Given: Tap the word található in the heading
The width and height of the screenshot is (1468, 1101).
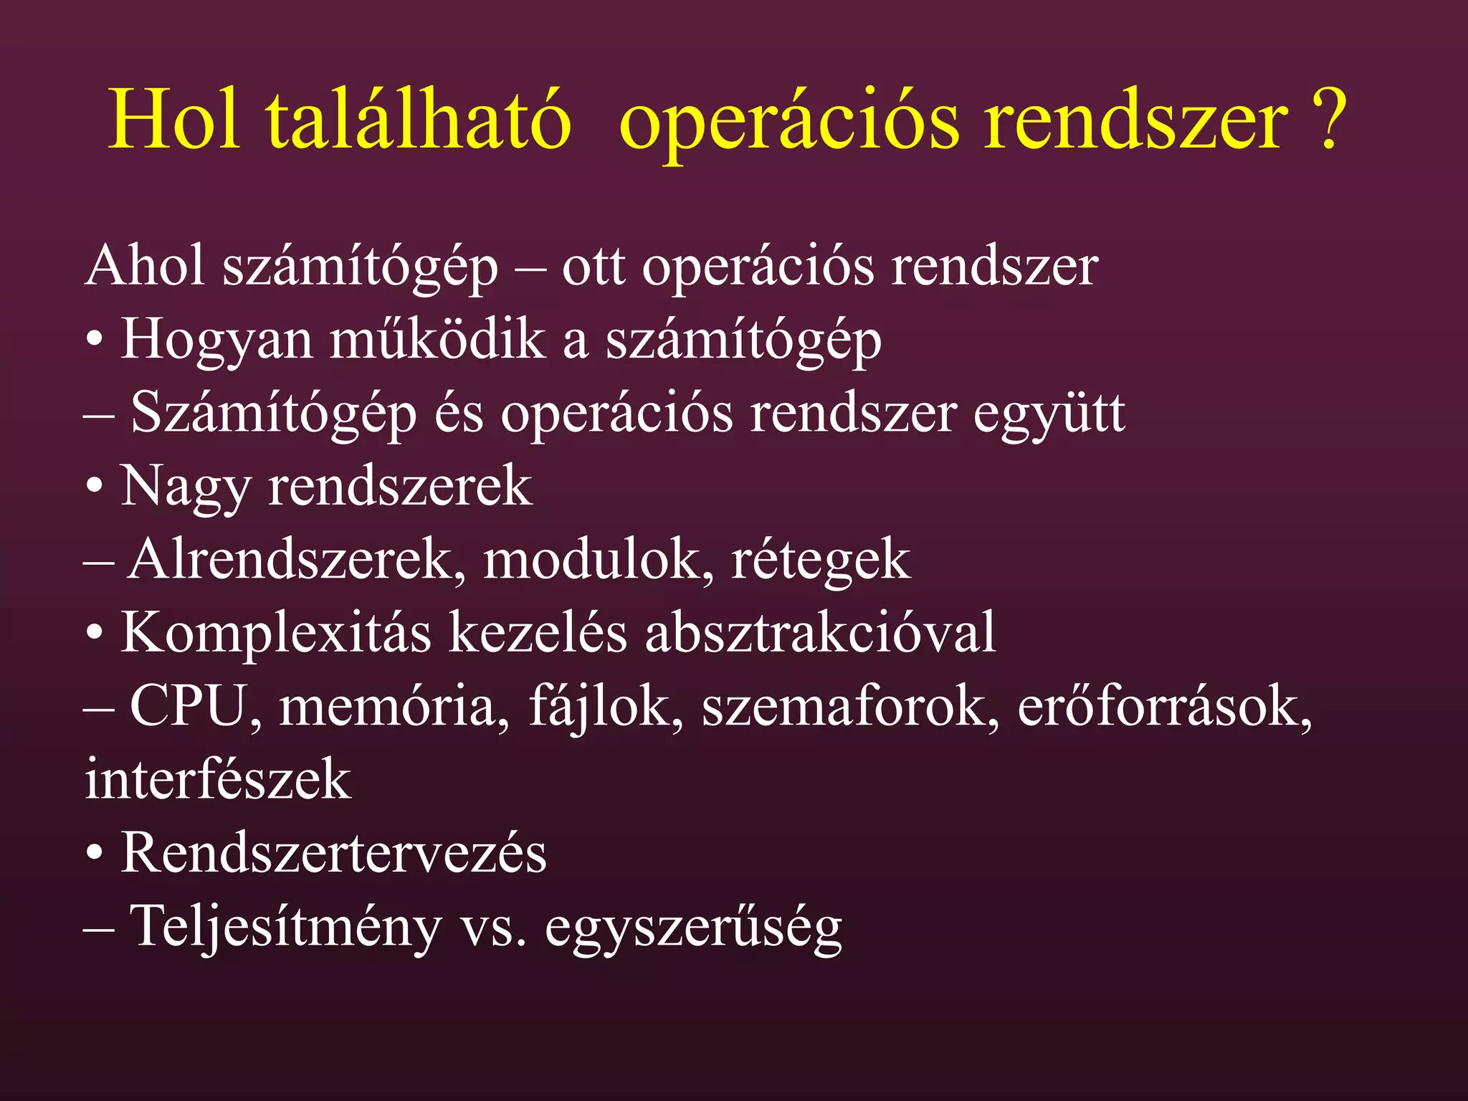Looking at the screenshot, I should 419,120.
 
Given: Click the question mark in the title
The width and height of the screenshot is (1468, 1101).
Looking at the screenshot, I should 1327,120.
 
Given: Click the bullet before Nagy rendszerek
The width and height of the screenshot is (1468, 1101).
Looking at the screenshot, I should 95,488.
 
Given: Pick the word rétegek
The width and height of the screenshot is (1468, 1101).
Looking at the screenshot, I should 820,561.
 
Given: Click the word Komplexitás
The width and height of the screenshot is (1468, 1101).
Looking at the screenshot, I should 276,634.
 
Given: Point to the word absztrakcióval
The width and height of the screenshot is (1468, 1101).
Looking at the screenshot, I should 820,633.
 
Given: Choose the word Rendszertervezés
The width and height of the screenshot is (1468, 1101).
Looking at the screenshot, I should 333,853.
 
